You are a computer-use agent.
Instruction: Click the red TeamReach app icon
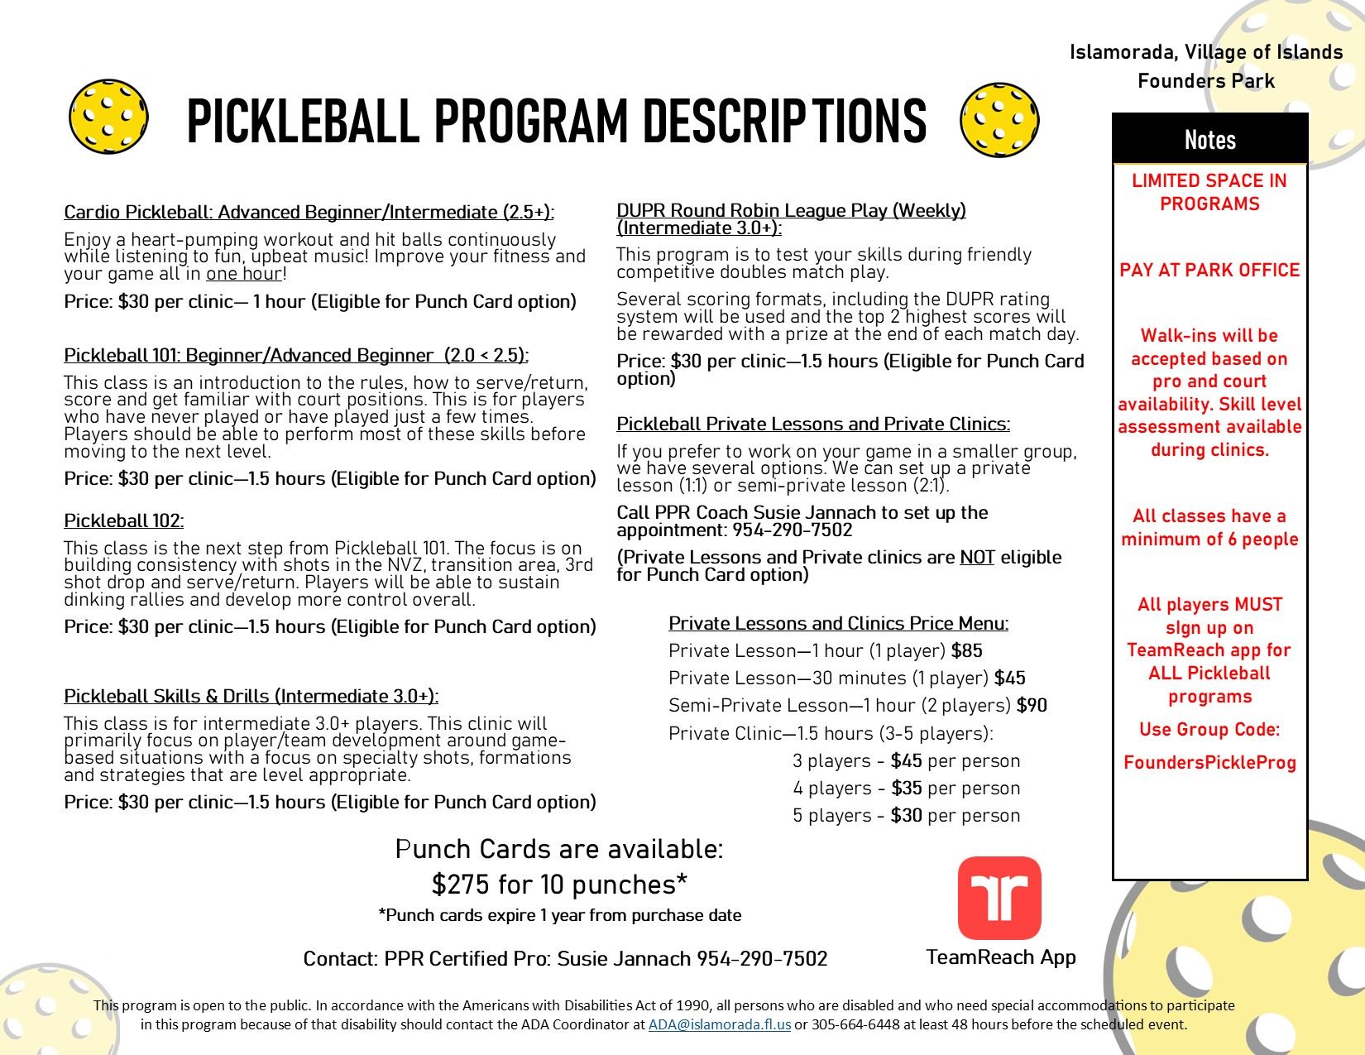click(x=999, y=898)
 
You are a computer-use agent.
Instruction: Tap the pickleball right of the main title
click(x=999, y=118)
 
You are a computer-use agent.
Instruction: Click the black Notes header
click(x=1209, y=140)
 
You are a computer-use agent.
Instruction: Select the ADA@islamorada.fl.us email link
click(x=719, y=1024)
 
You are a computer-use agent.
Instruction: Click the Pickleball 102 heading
click(x=124, y=520)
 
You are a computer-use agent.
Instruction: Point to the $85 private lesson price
click(x=967, y=651)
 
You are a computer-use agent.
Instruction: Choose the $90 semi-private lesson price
click(x=1032, y=706)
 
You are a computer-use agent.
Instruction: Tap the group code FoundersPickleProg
click(x=1209, y=763)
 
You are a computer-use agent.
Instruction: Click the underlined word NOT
click(x=977, y=558)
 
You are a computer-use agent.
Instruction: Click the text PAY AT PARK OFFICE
click(x=1209, y=271)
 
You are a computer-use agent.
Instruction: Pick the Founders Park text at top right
click(x=1205, y=81)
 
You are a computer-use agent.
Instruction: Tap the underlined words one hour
click(x=244, y=274)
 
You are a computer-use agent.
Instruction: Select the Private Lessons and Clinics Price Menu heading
click(x=838, y=623)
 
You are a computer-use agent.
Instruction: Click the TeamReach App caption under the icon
click(x=1001, y=957)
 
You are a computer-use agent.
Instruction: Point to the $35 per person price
click(x=906, y=789)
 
